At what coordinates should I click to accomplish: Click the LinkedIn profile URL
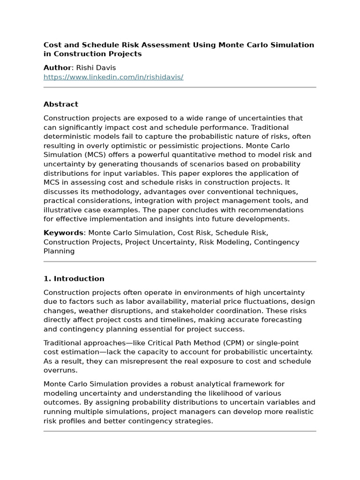(113, 77)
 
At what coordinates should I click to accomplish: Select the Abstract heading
(61, 104)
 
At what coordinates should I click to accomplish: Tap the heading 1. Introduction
(74, 278)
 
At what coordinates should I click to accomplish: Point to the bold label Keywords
(63, 233)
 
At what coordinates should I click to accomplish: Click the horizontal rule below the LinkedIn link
(180, 87)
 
